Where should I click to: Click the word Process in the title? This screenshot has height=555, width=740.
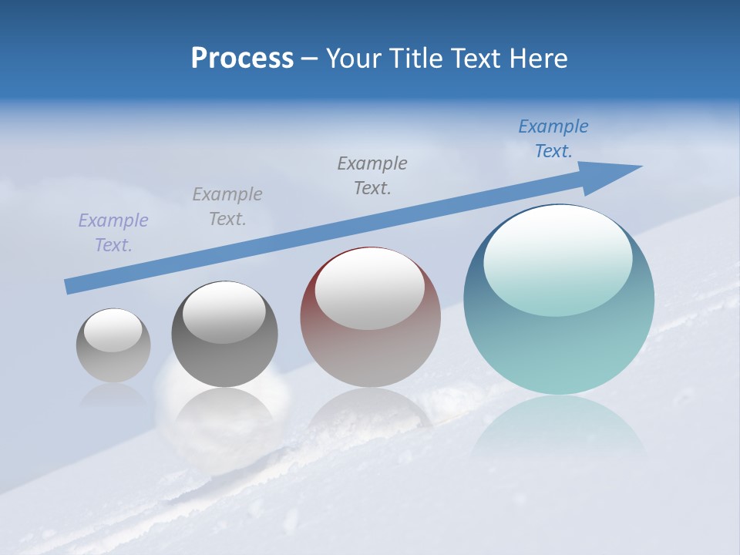242,59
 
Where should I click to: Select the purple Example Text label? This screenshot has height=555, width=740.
113,233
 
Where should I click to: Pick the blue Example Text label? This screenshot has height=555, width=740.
553,139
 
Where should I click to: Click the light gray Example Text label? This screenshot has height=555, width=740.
227,207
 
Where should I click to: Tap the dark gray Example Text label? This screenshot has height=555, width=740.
372,176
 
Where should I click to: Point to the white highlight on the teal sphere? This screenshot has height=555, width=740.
557,258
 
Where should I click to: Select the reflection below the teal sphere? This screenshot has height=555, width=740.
558,432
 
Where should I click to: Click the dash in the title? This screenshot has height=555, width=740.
310,59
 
